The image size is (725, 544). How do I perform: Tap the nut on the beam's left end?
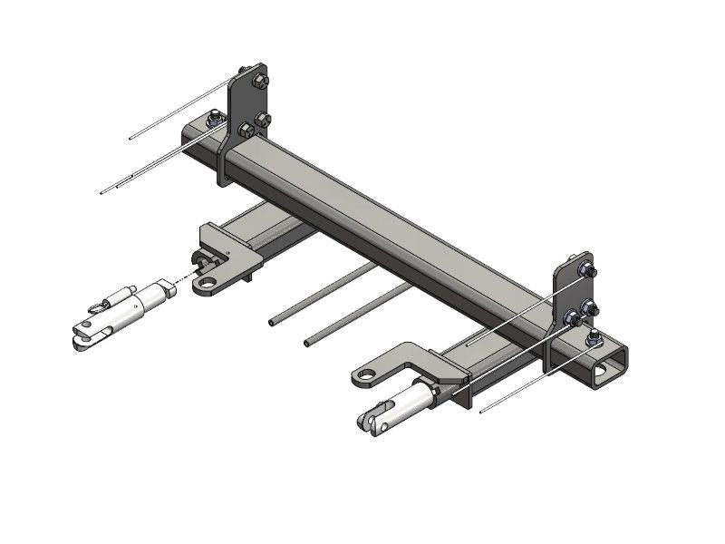click(x=214, y=117)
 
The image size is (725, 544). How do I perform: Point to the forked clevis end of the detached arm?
click(x=83, y=336)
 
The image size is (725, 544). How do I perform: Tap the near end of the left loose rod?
click(x=272, y=321)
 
